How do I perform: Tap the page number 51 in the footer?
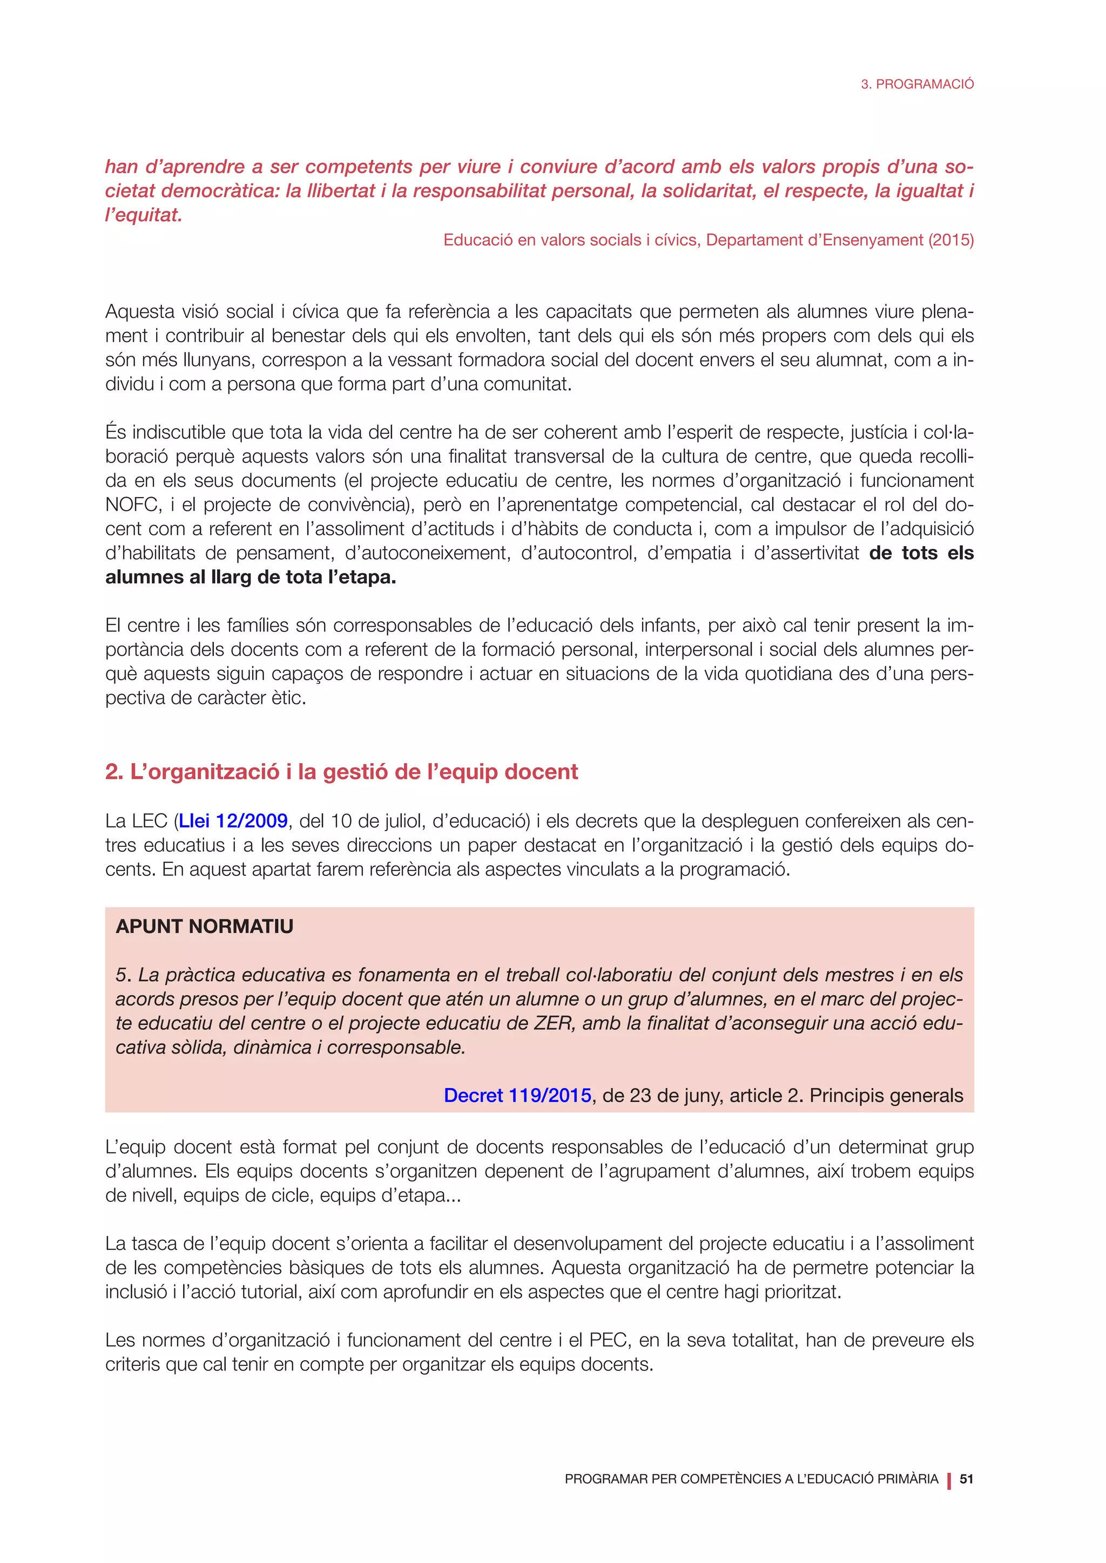pos(966,1479)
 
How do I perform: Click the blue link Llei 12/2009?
pos(233,821)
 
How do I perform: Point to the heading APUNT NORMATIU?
pos(204,927)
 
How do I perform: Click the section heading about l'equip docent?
pos(341,772)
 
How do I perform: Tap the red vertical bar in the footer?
pos(949,1480)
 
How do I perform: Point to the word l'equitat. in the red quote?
pos(144,216)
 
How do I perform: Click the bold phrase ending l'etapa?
pos(251,577)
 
